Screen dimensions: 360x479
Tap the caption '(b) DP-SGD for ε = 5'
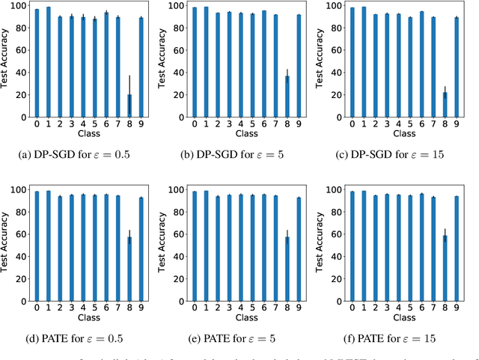(x=239, y=155)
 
